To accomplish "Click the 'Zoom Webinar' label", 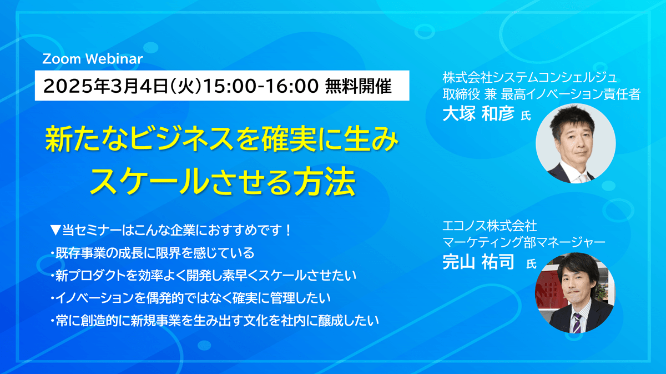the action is (x=93, y=59).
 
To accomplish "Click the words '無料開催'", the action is (x=359, y=86).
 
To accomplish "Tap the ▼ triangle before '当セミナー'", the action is (x=56, y=230).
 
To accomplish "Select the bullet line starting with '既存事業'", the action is (x=152, y=253).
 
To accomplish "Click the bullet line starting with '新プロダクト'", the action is (x=203, y=276).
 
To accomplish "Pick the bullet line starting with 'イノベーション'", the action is (x=190, y=298).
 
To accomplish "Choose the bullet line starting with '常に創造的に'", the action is (x=215, y=321).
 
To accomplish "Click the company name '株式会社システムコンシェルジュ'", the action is (x=530, y=78).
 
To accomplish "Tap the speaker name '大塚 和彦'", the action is (x=478, y=113).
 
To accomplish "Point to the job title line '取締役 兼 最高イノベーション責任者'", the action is (x=541, y=94).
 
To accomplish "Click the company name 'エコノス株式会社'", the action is (x=490, y=226).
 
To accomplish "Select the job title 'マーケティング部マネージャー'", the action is (x=524, y=242).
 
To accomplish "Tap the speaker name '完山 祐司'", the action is (x=478, y=262).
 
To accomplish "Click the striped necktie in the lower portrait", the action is (x=577, y=323).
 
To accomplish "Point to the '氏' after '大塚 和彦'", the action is (x=526, y=116).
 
